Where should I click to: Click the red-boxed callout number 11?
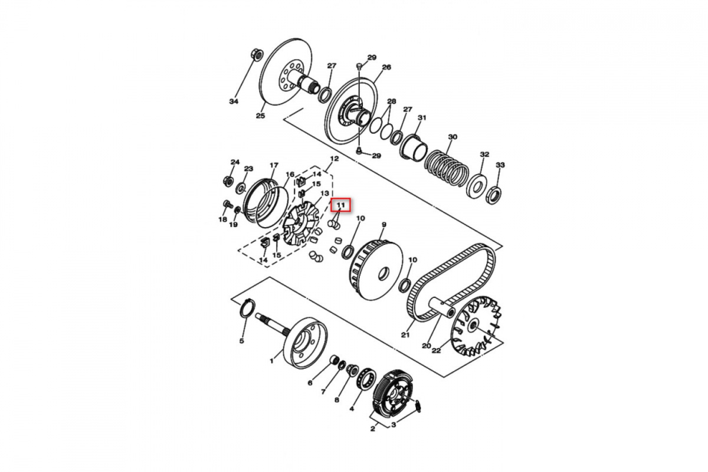tap(341, 205)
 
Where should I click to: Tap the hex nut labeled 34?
tap(256, 54)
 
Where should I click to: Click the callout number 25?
tap(260, 116)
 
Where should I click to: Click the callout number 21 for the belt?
tap(405, 335)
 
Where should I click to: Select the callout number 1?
tap(271, 361)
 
